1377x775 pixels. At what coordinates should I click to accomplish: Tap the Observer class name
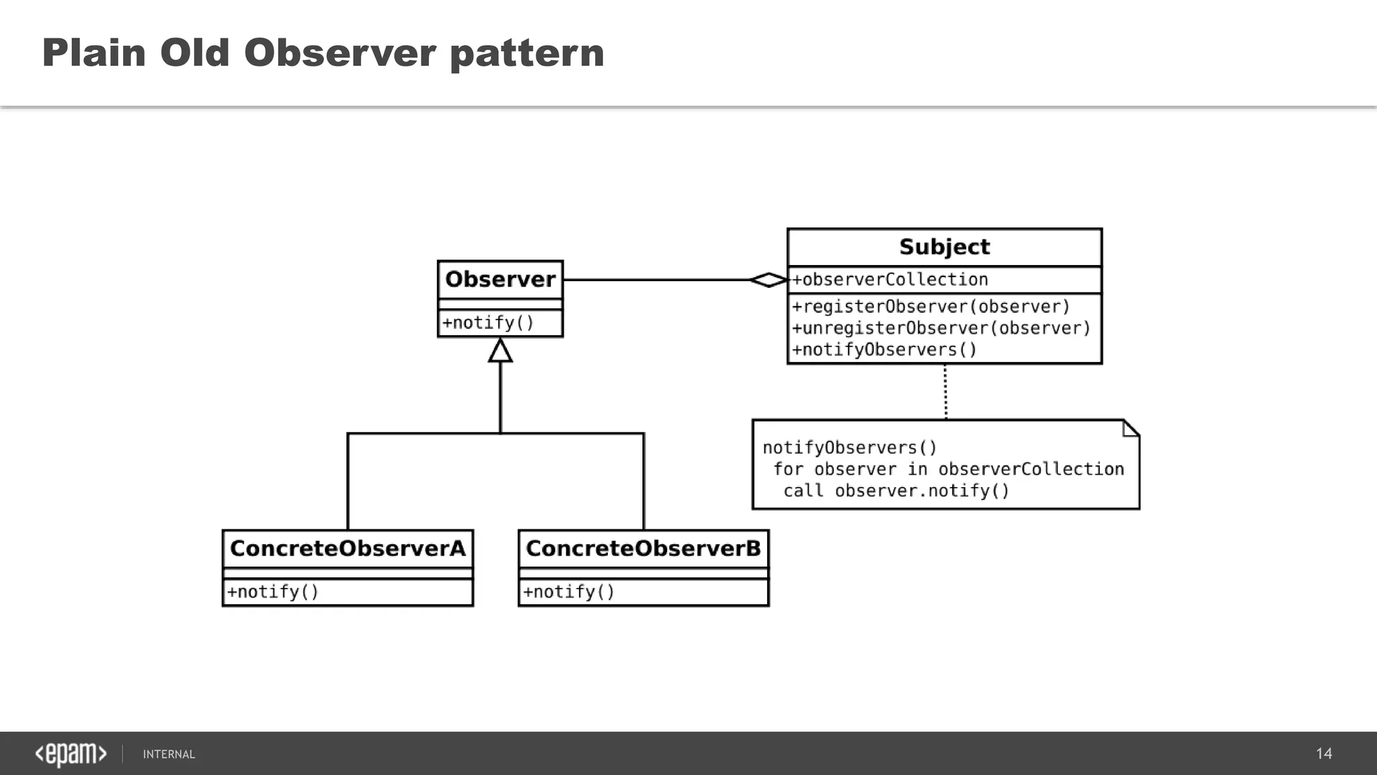[x=500, y=279]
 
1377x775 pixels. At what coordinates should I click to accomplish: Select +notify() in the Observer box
[x=488, y=323]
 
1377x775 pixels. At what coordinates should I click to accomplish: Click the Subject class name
[x=944, y=247]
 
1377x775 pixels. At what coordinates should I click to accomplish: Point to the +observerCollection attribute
[x=890, y=280]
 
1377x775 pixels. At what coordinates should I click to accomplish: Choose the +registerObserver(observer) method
[x=931, y=307]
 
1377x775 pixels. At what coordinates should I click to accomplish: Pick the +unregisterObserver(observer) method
[x=941, y=328]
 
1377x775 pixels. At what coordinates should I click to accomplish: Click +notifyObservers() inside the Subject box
[x=884, y=350]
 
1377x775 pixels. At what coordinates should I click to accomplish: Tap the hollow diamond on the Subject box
[x=769, y=280]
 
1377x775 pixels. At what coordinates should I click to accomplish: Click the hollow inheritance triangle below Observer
[x=500, y=351]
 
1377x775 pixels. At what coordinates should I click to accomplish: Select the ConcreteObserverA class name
[x=348, y=548]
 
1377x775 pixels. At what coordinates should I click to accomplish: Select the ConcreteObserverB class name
[x=643, y=548]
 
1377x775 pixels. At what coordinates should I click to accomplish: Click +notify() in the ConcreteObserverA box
[x=273, y=592]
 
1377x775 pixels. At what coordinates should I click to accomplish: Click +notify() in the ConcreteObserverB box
[x=569, y=592]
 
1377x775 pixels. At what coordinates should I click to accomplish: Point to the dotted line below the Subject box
[x=945, y=392]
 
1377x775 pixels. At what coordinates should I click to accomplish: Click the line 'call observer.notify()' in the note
[x=896, y=491]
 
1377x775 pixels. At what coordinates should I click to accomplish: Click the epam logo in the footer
[x=71, y=754]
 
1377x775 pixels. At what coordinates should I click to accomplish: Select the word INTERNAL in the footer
[x=169, y=754]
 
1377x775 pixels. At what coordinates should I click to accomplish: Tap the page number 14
[x=1323, y=753]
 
